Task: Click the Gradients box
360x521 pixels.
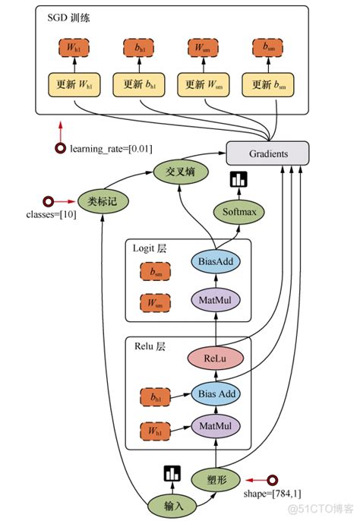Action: [268, 153]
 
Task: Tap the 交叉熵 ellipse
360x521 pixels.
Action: [180, 172]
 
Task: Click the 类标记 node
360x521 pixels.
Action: [103, 201]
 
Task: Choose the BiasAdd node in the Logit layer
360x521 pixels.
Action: [215, 262]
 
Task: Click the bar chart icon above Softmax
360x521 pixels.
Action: [239, 179]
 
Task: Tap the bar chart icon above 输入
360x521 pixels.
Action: [172, 473]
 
